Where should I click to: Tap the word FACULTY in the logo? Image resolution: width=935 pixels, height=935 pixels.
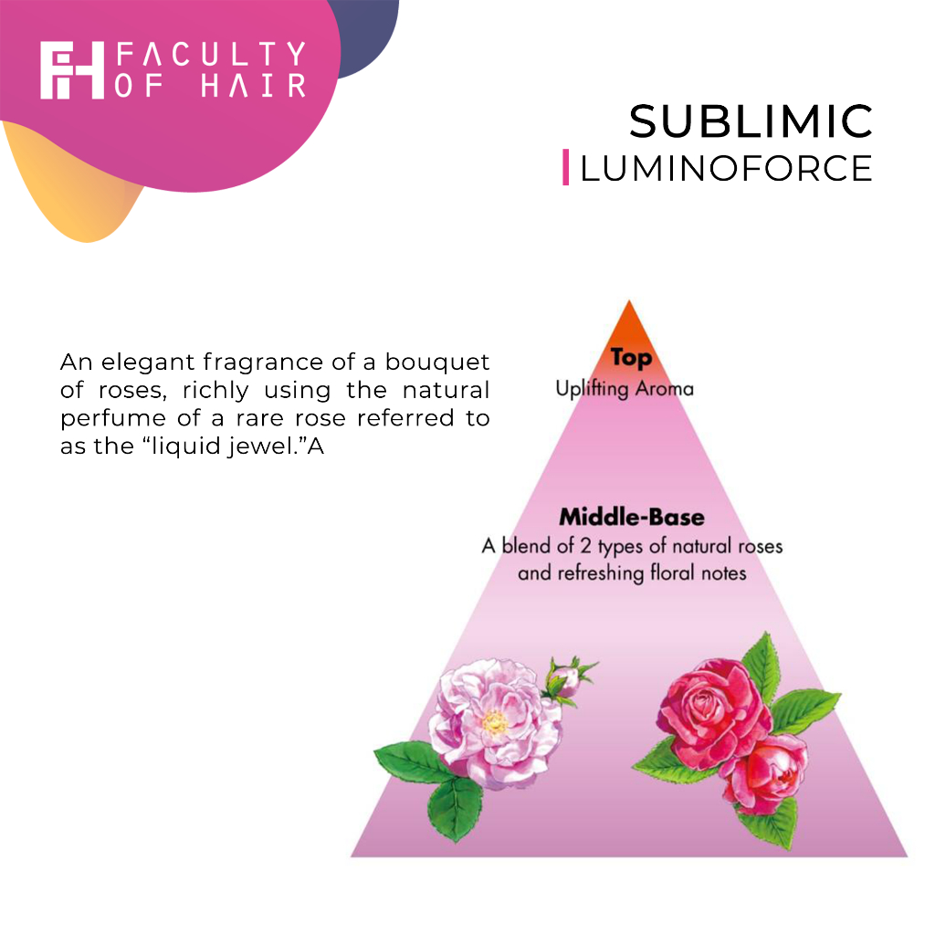211,55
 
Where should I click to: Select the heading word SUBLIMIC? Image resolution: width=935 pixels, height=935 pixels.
751,121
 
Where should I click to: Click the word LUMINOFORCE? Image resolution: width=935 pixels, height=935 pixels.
726,168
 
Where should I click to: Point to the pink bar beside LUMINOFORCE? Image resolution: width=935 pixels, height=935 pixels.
566,167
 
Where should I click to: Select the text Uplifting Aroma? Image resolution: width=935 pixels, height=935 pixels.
625,388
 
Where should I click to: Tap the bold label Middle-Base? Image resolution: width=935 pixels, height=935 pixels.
632,517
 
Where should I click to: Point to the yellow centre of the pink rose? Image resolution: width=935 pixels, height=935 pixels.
494,722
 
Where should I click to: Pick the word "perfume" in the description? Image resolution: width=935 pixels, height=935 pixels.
103,418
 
